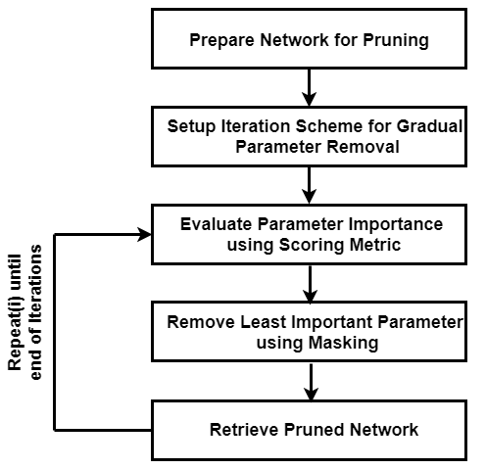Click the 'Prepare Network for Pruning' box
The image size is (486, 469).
(309, 41)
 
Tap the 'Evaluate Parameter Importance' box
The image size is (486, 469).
(309, 234)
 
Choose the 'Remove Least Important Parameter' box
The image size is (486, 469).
(309, 331)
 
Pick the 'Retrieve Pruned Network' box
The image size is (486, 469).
(309, 429)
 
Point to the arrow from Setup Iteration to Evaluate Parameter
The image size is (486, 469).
(309, 184)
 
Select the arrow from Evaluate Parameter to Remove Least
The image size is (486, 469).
(309, 282)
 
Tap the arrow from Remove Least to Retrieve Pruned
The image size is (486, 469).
(309, 380)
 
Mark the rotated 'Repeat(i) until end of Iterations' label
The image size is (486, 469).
(26, 308)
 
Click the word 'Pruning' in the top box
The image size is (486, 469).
(398, 42)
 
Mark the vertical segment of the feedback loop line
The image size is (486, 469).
(56, 333)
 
